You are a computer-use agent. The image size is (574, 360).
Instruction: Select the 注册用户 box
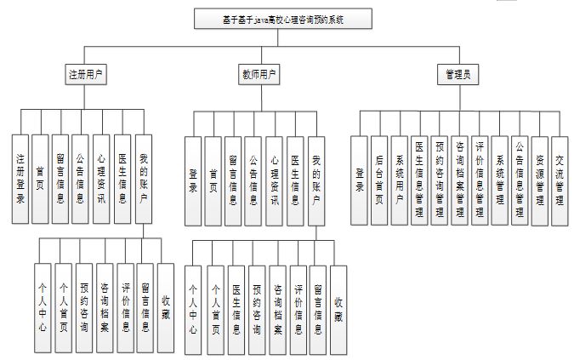(86, 74)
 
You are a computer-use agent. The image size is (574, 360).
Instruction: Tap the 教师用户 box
(259, 74)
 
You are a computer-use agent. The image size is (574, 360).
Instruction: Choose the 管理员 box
(457, 74)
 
